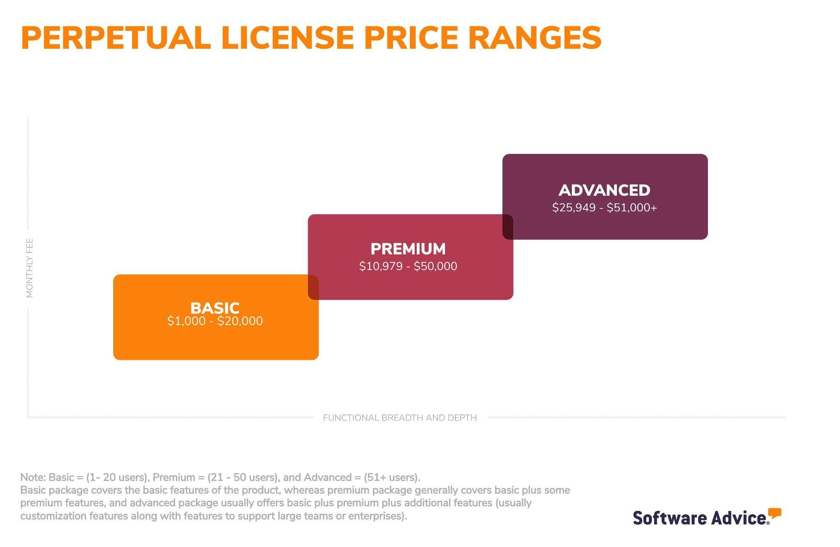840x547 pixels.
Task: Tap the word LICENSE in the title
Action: click(287, 38)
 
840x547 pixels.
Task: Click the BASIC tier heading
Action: click(215, 308)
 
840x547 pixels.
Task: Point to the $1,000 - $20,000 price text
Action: click(215, 321)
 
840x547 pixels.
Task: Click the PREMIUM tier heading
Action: click(408, 249)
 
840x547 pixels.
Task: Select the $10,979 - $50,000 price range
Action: click(408, 266)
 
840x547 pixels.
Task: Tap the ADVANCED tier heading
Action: click(604, 190)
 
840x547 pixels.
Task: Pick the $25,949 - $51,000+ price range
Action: click(604, 208)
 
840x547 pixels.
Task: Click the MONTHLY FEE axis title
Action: click(30, 268)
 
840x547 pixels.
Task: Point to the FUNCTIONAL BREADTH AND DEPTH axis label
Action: click(400, 418)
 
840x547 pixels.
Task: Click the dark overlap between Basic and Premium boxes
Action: click(313, 287)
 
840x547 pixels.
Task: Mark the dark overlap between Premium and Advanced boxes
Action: click(508, 227)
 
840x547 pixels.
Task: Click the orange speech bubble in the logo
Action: click(774, 513)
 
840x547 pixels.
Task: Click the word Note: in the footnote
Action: click(33, 477)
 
